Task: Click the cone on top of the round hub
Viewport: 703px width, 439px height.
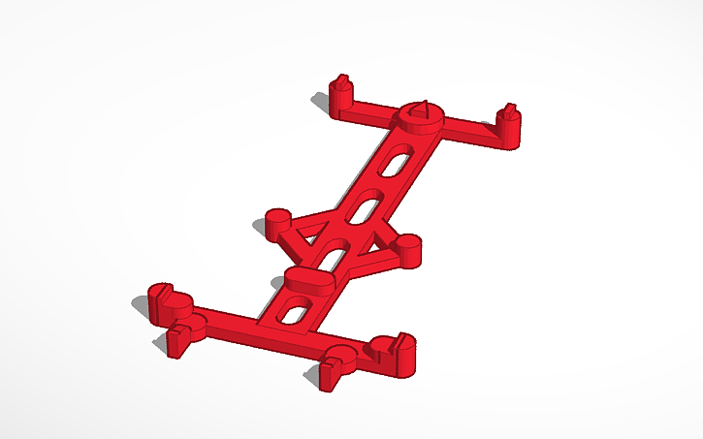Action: (420, 110)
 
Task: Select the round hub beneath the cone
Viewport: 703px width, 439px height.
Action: (421, 123)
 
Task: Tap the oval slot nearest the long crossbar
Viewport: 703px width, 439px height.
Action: (294, 311)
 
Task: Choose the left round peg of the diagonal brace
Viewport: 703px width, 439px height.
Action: (277, 220)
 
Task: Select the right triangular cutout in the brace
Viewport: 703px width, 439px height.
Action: (369, 246)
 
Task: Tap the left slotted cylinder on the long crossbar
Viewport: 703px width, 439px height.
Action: (167, 299)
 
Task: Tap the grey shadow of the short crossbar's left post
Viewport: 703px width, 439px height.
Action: (321, 100)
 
